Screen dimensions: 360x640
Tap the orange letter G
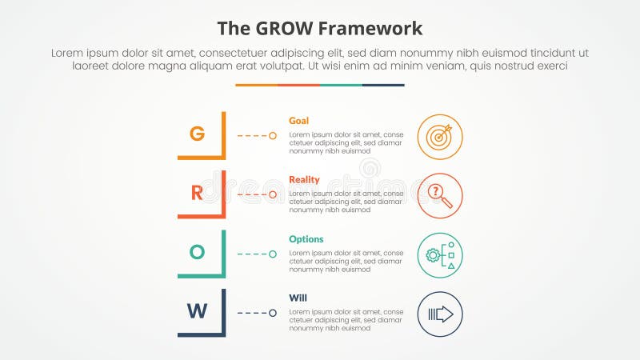tap(197, 134)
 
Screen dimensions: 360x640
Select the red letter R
tap(197, 193)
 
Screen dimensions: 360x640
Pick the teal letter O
tap(197, 252)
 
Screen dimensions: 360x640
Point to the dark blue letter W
tap(197, 311)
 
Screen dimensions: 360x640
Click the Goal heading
tap(298, 121)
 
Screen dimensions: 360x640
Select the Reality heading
tap(303, 180)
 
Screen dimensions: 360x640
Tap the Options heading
tap(306, 239)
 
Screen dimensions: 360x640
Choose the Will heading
tap(298, 298)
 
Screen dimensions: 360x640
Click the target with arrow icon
tap(440, 136)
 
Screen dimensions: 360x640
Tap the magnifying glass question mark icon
tap(440, 195)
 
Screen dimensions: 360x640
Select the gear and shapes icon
tap(440, 254)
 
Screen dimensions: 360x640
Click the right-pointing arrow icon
tap(440, 314)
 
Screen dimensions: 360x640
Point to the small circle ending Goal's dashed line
tap(273, 136)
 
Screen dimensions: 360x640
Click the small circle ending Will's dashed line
tap(273, 314)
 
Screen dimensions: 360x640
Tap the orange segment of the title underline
tap(256, 85)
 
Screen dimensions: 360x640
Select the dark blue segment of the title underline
tap(383, 85)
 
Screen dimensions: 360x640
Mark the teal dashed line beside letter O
tap(252, 254)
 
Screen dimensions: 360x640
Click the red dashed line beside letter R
tap(252, 195)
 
